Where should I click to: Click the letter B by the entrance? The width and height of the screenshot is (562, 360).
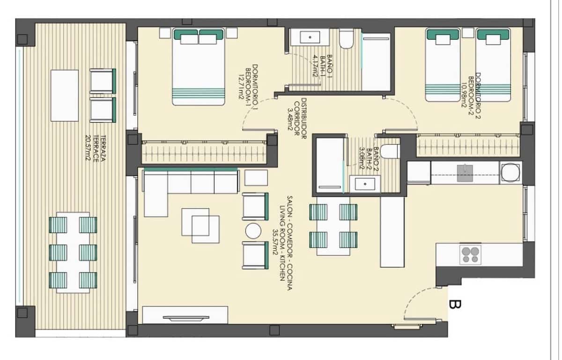click(x=454, y=305)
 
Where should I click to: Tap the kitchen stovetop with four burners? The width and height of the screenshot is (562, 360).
click(x=470, y=254)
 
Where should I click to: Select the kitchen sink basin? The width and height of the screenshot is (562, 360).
click(x=465, y=173)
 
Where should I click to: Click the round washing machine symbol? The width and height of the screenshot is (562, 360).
click(x=510, y=172)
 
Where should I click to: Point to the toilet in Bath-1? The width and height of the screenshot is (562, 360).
click(x=346, y=40)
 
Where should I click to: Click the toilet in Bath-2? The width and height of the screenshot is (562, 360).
click(x=389, y=151)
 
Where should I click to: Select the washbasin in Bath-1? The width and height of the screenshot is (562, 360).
click(x=309, y=37)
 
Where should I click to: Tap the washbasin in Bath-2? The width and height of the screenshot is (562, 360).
click(x=365, y=183)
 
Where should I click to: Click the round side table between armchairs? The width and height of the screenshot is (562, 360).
click(x=253, y=231)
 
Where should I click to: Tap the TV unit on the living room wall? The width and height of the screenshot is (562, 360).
click(x=185, y=315)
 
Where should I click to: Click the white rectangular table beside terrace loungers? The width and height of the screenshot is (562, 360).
click(x=64, y=95)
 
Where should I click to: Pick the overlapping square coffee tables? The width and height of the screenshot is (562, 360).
click(x=200, y=225)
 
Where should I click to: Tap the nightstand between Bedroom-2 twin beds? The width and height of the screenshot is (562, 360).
click(x=468, y=33)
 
